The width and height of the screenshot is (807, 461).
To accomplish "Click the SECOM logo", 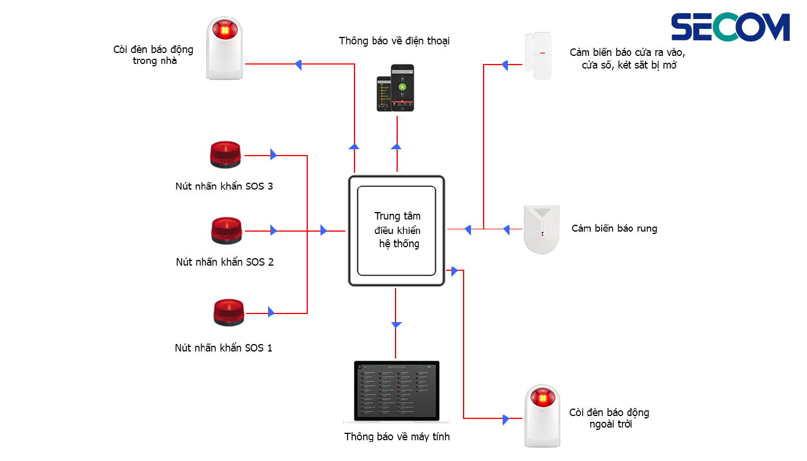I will (730, 28).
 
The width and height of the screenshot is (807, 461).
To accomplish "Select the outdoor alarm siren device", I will (542, 416).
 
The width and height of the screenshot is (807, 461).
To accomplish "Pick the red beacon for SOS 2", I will (227, 231).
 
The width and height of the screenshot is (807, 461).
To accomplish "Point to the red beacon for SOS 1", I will (228, 313).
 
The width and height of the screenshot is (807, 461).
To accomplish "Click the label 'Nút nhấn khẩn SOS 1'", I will (224, 348).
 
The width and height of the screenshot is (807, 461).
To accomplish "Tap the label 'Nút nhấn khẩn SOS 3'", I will (224, 186).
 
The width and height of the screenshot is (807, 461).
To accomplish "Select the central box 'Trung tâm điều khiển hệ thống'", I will (397, 231).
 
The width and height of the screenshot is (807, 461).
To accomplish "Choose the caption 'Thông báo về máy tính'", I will (397, 437).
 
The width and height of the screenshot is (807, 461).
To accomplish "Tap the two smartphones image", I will (395, 88).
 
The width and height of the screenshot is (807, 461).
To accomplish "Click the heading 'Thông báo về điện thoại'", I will (394, 41).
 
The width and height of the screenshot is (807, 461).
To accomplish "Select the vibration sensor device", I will (541, 229).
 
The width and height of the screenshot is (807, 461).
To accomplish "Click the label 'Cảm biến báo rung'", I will (614, 229).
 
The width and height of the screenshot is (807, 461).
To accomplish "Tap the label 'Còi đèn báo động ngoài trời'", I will (609, 418).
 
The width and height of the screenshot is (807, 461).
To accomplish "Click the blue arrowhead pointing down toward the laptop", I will (396, 324).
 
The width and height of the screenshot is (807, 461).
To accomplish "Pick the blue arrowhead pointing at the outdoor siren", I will (506, 419).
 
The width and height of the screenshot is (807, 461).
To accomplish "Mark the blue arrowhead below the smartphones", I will (396, 146).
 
